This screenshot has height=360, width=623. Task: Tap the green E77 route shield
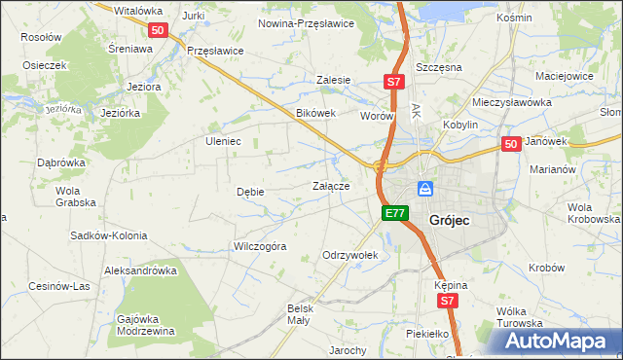tap(393, 213)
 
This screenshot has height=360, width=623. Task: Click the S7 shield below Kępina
tap(447, 303)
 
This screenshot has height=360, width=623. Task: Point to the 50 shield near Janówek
tap(512, 144)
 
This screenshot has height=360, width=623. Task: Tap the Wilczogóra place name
tap(259, 246)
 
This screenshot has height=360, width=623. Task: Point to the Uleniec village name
tap(222, 141)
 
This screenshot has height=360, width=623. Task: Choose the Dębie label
tap(250, 192)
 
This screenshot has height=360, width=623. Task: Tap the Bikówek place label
tap(315, 113)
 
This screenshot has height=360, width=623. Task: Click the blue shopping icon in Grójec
tap(425, 188)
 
